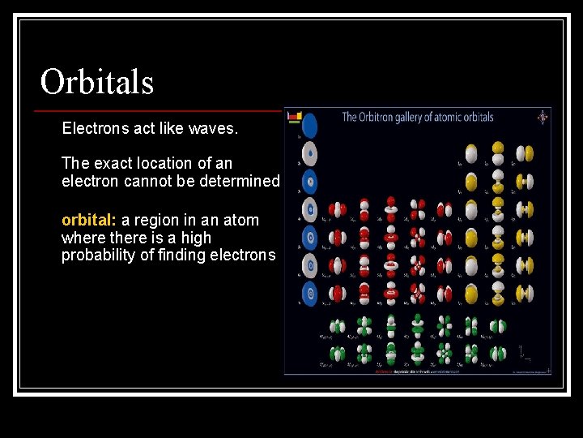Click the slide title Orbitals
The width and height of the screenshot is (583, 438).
coord(97,81)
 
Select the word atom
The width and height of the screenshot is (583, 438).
coord(240,220)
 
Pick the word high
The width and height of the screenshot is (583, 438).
coord(195,238)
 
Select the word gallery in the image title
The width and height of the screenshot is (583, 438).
coord(412,117)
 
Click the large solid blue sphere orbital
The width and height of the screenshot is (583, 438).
coord(309,125)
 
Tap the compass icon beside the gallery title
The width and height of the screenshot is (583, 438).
coord(542,117)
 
